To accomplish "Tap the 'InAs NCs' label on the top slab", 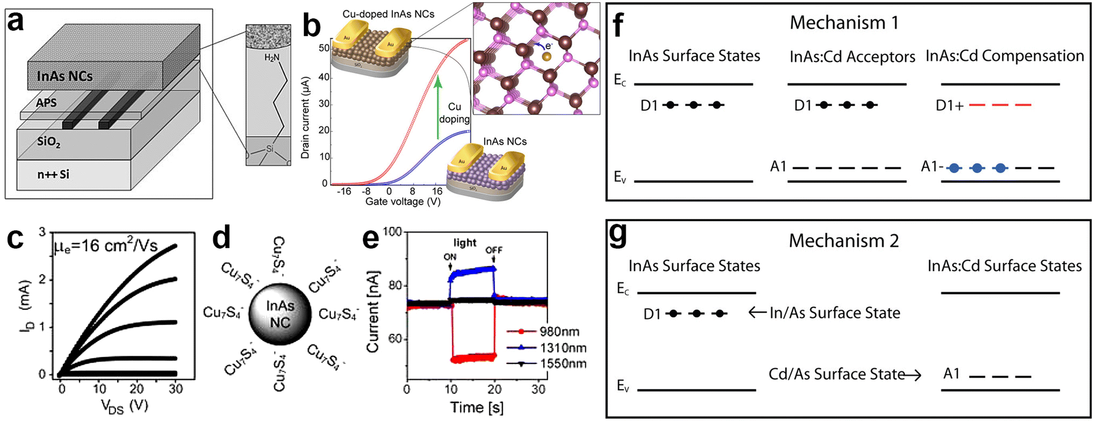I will (65, 76).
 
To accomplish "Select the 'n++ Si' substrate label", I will (53, 175).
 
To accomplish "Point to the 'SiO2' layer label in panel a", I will (49, 142).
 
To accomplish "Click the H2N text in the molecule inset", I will (272, 57).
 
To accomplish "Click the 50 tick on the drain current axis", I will (324, 48).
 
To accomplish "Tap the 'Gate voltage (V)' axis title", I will (402, 202).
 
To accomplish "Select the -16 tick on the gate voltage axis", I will (343, 192).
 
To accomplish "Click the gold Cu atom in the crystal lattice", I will (546, 56).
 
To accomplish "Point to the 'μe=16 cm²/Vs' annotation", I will (106, 246).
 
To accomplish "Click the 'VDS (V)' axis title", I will (124, 407).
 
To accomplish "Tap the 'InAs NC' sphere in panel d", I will (280, 314).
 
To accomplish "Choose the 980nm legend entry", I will (559, 332).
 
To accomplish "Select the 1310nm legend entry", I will (562, 348).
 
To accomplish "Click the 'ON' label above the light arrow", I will (450, 257).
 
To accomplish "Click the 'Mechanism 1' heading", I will (843, 23).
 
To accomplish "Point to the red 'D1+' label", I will (949, 106).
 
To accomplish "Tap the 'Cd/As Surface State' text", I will (836, 374).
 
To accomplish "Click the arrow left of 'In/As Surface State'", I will (757, 313).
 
